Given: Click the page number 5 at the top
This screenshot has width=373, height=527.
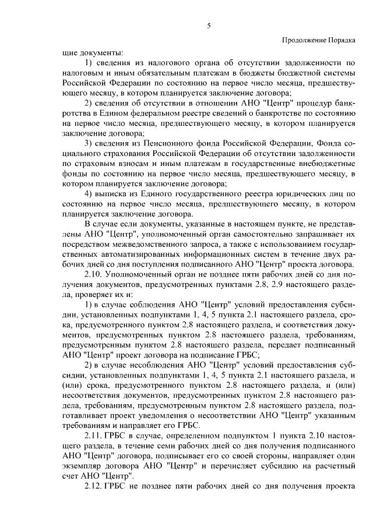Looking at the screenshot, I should click(x=208, y=25).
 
